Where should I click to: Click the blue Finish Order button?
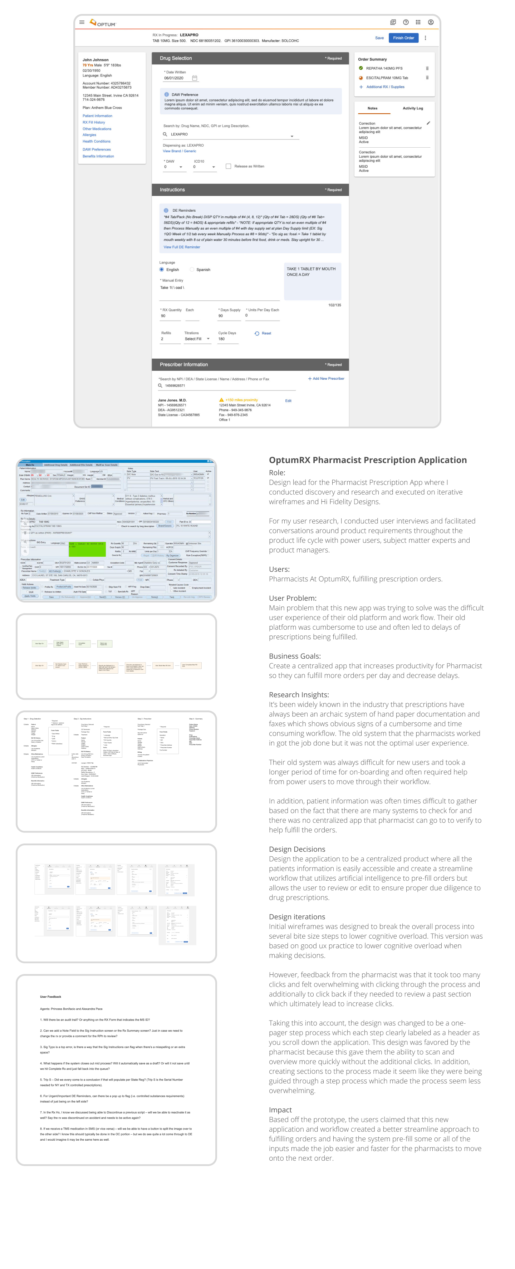tap(403, 38)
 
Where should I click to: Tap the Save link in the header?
tap(379, 38)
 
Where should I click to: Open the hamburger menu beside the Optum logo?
tap(82, 22)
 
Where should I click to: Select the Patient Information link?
tap(97, 116)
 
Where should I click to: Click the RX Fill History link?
tap(94, 122)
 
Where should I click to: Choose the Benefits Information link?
tap(98, 156)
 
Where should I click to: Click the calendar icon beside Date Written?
tap(195, 78)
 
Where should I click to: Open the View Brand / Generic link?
tap(180, 151)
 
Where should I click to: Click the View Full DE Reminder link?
tap(182, 247)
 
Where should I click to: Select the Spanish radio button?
tap(192, 270)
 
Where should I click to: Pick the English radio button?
tap(162, 270)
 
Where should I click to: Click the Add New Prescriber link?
tap(326, 378)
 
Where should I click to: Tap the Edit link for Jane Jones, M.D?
tap(288, 400)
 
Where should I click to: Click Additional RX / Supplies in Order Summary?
tap(385, 87)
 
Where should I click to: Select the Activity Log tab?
tap(412, 108)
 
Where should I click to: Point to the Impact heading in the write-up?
tap(280, 1110)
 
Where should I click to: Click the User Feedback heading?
tap(50, 997)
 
